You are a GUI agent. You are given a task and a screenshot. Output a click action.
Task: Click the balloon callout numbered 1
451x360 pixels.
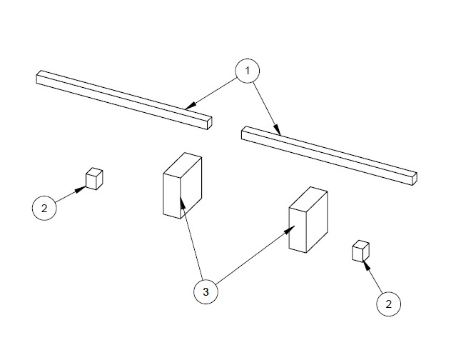[248, 71]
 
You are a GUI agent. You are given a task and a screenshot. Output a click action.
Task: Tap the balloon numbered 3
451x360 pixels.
[206, 291]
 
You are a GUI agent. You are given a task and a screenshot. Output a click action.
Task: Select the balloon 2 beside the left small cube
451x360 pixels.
[44, 209]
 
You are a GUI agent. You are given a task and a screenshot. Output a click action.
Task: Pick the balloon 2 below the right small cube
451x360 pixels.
[389, 304]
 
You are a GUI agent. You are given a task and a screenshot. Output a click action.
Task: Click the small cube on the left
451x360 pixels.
[94, 179]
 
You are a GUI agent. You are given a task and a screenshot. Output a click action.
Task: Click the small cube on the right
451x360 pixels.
[360, 251]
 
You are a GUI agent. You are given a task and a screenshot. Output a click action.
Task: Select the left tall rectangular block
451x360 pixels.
[183, 186]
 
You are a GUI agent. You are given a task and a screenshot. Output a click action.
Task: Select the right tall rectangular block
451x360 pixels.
[308, 220]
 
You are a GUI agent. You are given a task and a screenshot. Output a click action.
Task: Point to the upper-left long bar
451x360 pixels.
[124, 100]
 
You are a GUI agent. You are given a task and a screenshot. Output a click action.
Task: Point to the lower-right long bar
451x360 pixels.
[329, 156]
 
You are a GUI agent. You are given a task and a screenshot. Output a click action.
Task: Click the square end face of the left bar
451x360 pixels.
[210, 124]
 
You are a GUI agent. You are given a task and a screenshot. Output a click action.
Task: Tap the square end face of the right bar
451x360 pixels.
[415, 179]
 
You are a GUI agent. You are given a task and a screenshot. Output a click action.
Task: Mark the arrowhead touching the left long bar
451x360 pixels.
[190, 106]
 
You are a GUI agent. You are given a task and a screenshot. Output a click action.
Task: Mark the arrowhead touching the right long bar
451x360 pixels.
[277, 129]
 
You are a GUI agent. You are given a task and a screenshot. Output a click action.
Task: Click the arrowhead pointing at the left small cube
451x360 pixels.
[81, 189]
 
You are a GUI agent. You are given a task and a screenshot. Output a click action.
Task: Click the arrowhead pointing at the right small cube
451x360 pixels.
[366, 265]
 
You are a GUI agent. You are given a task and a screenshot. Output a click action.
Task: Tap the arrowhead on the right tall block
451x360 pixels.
[290, 230]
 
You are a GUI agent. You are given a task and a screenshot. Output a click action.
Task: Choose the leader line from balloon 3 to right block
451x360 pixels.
[255, 255]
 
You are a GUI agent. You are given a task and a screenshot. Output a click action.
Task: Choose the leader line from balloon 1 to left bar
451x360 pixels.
[211, 94]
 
